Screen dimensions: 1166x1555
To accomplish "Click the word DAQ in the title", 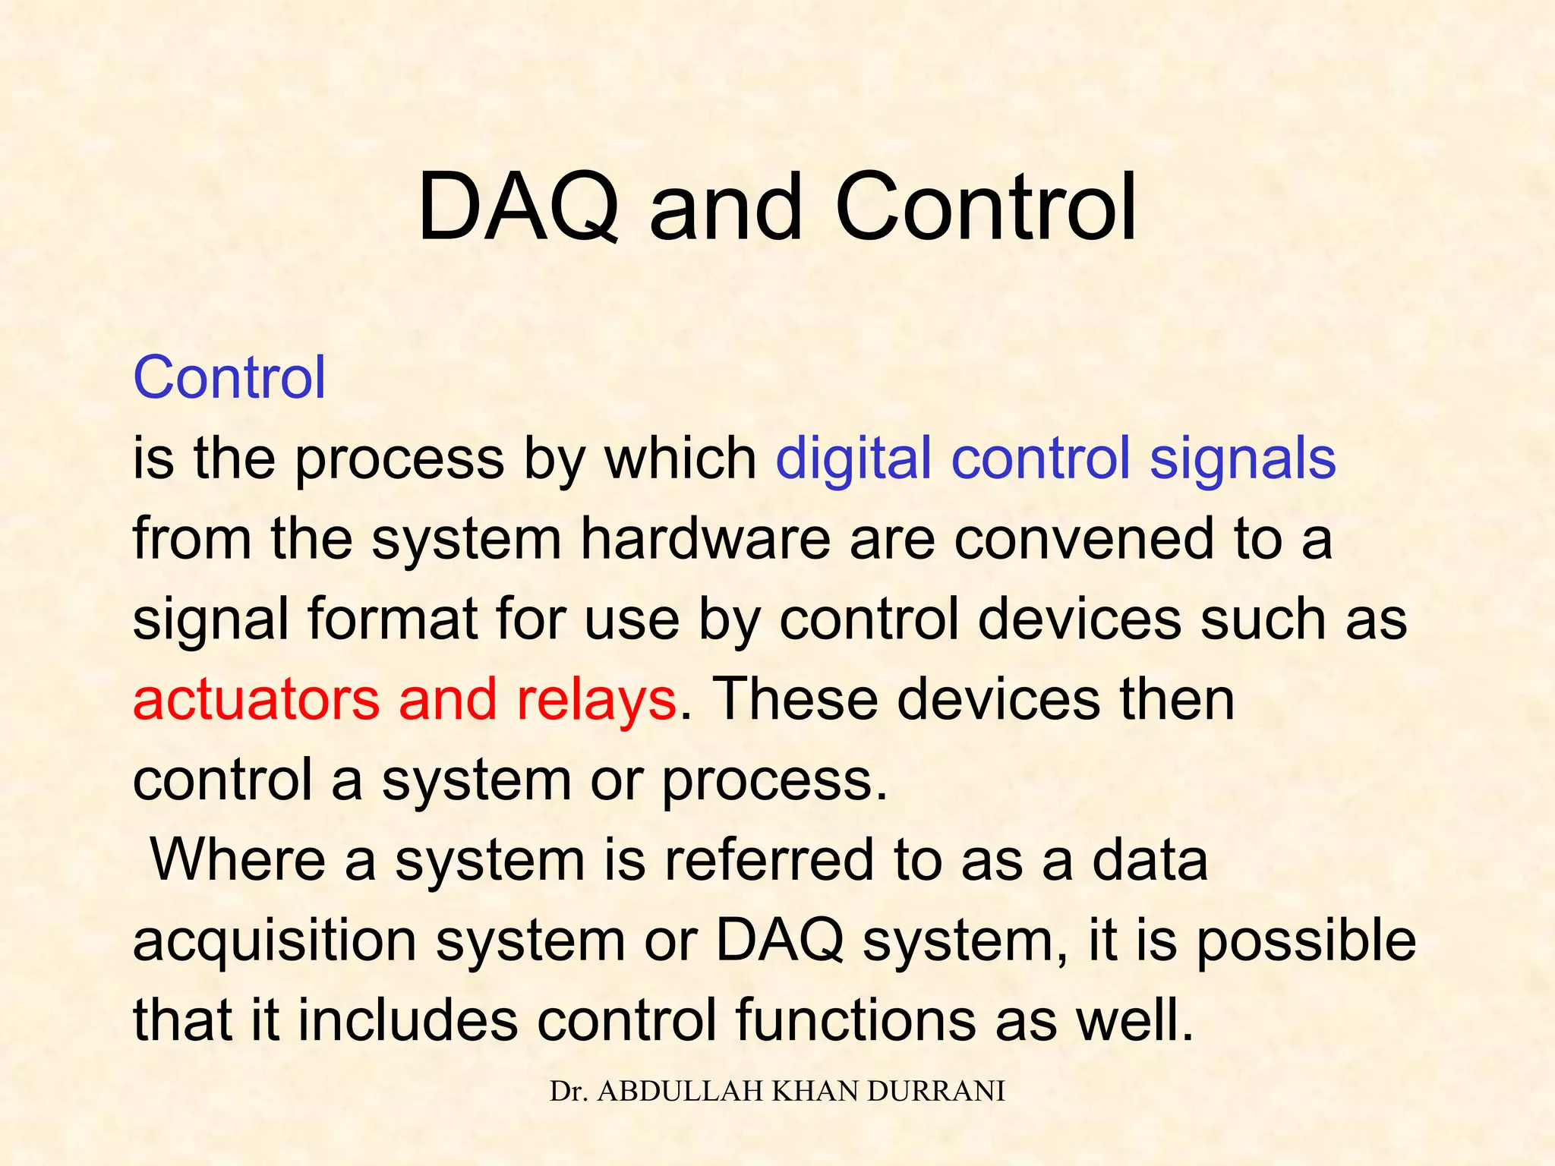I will tap(518, 208).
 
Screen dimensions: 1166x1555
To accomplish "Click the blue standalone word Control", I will tap(229, 377).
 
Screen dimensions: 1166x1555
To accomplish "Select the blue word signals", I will tap(1242, 460).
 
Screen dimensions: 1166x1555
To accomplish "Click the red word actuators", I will tap(256, 700).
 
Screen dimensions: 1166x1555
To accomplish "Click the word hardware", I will tap(705, 539).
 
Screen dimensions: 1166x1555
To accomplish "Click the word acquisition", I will tap(275, 941).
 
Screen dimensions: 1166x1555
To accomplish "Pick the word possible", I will tap(1306, 941).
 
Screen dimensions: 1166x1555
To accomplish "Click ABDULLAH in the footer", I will tap(681, 1091).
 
